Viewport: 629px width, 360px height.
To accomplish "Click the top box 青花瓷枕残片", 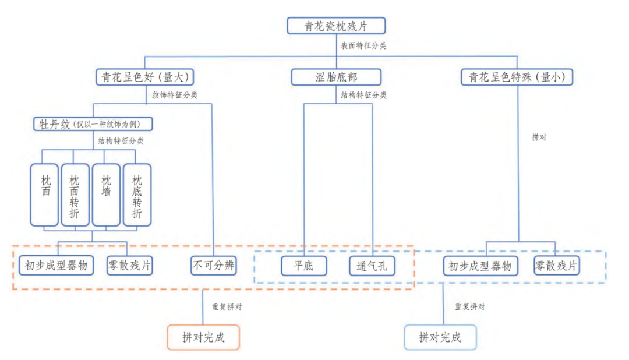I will tap(336, 26).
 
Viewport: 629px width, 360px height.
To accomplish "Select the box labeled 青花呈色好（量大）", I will tap(144, 77).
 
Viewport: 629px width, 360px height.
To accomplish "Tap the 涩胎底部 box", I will tap(336, 77).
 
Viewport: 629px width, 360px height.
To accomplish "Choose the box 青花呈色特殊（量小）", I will tap(517, 77).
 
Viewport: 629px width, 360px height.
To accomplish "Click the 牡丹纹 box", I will tap(93, 124).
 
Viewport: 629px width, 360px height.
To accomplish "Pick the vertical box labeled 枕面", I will tap(45, 194).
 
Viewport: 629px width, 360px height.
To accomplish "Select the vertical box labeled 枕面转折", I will tap(75, 194).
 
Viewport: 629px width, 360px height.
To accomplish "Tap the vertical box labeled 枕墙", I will tap(106, 194).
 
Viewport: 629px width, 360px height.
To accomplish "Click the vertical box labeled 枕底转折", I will tap(137, 194).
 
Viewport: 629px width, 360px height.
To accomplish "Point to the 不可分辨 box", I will tap(214, 266).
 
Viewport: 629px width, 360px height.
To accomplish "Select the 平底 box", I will tap(304, 266).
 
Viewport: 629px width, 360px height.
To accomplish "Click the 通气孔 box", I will tap(372, 266).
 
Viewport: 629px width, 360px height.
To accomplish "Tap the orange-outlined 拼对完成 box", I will tap(203, 337).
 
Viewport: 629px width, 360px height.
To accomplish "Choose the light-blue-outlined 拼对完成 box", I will tap(440, 337).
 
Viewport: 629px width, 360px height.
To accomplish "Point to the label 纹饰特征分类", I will tap(175, 95).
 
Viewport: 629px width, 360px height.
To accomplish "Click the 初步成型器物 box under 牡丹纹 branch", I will tap(56, 266).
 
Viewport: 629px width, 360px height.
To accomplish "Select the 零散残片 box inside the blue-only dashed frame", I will tap(557, 266).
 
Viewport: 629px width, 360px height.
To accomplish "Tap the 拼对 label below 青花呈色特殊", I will tap(539, 137).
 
